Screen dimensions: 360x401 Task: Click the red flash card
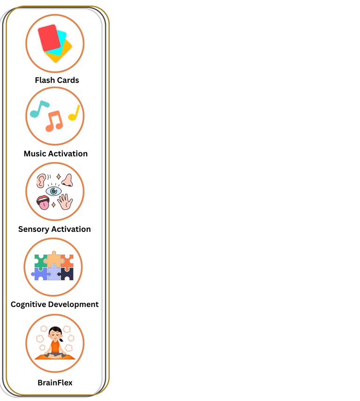[x=49, y=37]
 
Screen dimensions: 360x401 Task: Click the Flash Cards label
[x=57, y=80]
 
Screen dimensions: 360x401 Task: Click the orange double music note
[x=54, y=121]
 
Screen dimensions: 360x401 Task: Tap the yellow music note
[x=74, y=113]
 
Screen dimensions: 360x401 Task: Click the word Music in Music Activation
[x=35, y=154]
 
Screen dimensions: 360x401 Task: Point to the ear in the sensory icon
[x=41, y=180]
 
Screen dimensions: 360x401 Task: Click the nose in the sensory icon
[x=67, y=180]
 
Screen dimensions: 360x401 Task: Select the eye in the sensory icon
[x=53, y=191]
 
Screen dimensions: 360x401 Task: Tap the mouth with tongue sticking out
[x=43, y=202]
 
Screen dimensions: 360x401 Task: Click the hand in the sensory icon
[x=65, y=202]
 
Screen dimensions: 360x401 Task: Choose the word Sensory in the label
[x=34, y=230]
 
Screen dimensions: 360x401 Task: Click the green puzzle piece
[x=41, y=260]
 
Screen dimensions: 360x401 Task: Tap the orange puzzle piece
[x=67, y=260]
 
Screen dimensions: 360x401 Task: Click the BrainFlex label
[x=55, y=383]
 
